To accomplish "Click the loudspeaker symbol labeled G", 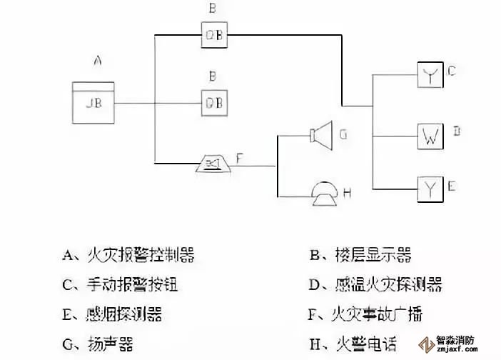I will click(x=322, y=134).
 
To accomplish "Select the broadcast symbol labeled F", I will click(x=213, y=166).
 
